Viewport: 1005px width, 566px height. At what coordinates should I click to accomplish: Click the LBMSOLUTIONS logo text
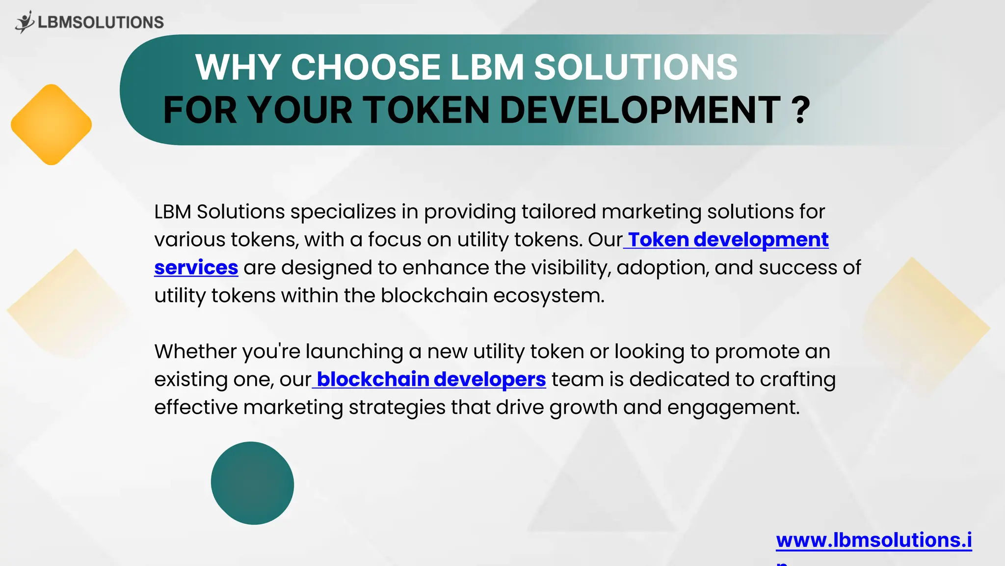pyautogui.click(x=101, y=23)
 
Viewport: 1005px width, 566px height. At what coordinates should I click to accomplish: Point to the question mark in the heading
pyautogui.click(x=801, y=110)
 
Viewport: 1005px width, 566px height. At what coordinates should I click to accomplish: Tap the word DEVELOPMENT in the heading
pyautogui.click(x=639, y=110)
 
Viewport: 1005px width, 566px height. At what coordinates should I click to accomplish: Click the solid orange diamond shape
pyautogui.click(x=52, y=125)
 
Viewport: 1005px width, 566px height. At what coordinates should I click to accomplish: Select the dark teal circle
pyautogui.click(x=252, y=483)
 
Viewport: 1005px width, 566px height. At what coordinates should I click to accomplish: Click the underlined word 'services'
pyautogui.click(x=196, y=268)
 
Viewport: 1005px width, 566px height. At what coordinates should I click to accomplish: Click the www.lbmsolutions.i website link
pyautogui.click(x=873, y=540)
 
